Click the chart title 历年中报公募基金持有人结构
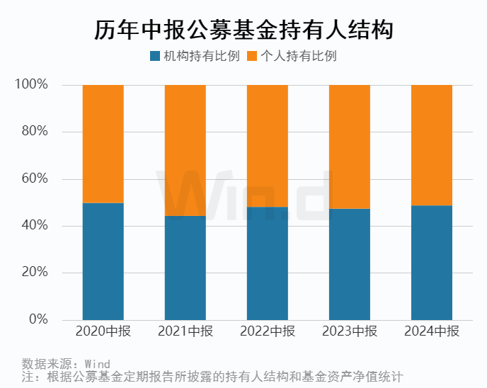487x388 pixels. click(x=243, y=30)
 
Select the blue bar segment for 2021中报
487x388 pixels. click(x=185, y=268)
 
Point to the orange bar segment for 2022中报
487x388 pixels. click(x=268, y=146)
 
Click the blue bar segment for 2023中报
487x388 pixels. click(x=350, y=264)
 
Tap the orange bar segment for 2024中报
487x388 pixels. click(x=432, y=145)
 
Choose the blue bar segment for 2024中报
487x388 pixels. click(x=432, y=263)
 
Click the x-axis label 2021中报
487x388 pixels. click(x=185, y=331)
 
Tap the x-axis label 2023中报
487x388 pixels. click(x=350, y=331)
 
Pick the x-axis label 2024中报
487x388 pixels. click(x=432, y=331)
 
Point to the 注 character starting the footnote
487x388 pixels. click(x=28, y=377)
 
